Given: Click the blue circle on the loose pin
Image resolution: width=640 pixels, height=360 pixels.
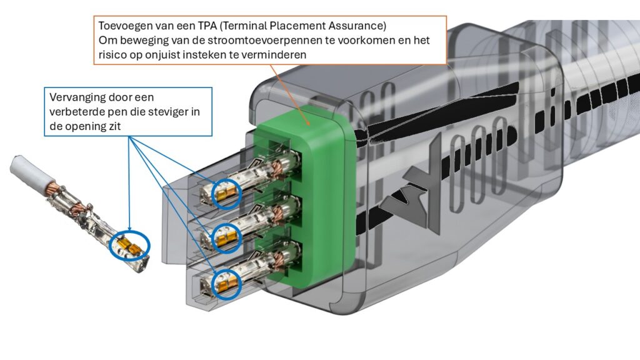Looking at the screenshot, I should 130,245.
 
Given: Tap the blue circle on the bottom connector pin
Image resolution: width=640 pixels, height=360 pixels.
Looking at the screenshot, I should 226,283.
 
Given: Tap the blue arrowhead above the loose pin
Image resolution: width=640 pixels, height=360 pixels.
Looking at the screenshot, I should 129,229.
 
